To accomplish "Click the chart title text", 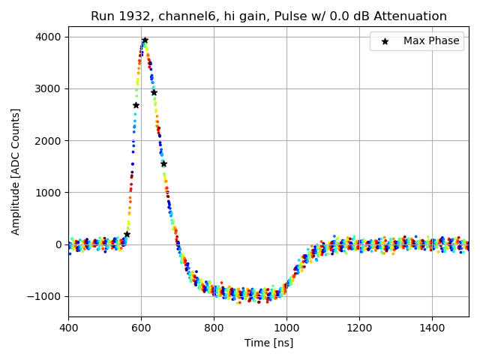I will pyautogui.click(x=268, y=16).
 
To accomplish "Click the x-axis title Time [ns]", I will pyautogui.click(x=268, y=343).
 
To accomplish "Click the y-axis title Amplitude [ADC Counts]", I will pyautogui.click(x=16, y=172).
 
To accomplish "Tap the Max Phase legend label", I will pyautogui.click(x=431, y=41).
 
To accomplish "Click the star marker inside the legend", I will pyautogui.click(x=385, y=41).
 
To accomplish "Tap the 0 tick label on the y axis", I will pyautogui.click(x=58, y=244).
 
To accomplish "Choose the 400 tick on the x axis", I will pyautogui.click(x=68, y=328).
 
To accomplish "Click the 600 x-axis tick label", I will pyautogui.click(x=141, y=328).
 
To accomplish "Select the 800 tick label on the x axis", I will pyautogui.click(x=214, y=328).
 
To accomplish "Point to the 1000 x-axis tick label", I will pyautogui.click(x=286, y=328).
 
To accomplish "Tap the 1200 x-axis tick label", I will pyautogui.click(x=359, y=328).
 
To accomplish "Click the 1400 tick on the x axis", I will pyautogui.click(x=432, y=328).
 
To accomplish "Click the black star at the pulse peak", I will pyautogui.click(x=145, y=40).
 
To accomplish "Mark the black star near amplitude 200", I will pyautogui.click(x=127, y=234).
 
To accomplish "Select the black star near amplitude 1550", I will pyautogui.click(x=163, y=163).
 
